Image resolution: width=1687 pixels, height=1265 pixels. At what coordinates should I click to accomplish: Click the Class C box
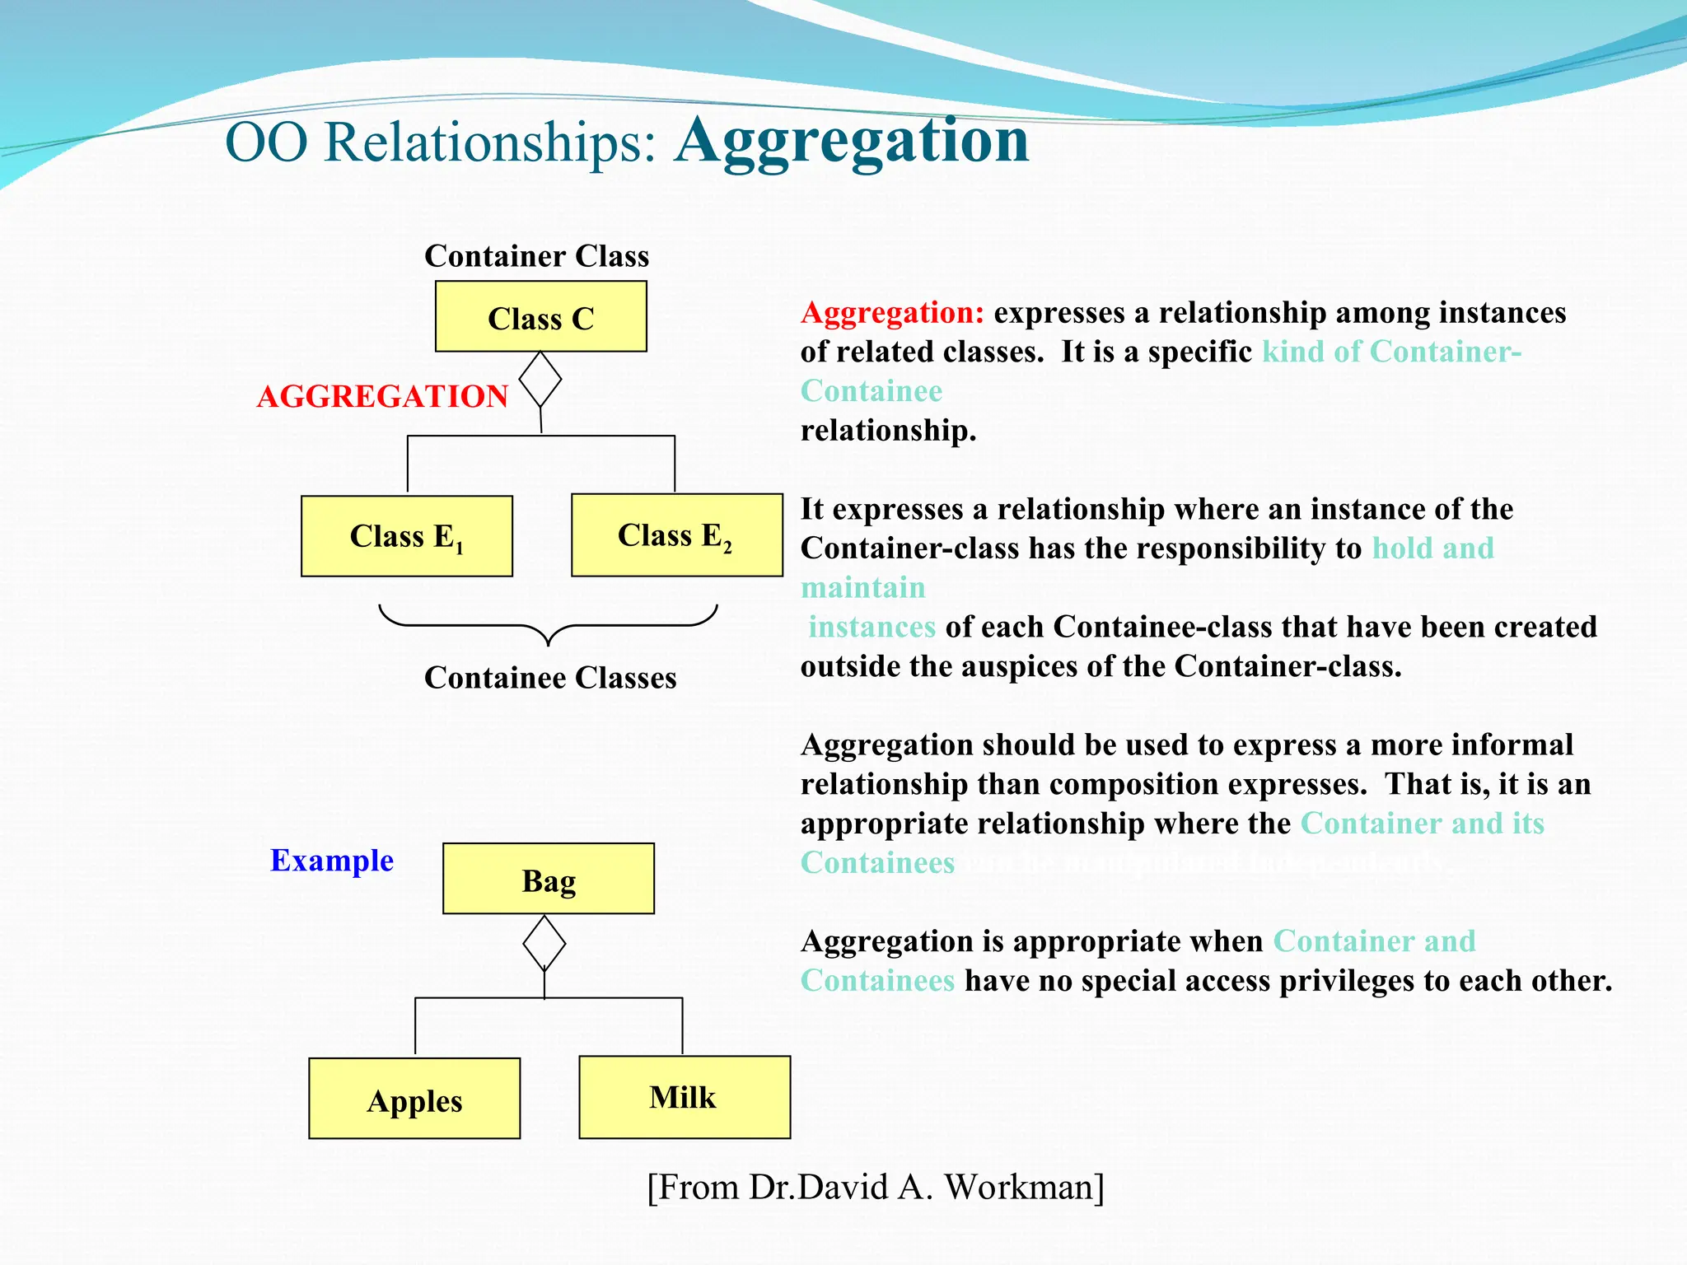click(x=540, y=317)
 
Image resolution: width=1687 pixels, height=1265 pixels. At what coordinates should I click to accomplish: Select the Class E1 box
click(x=407, y=536)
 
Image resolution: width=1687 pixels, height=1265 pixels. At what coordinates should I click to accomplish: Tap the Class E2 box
click(x=676, y=535)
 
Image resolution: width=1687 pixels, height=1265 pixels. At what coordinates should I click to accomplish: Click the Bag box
click(x=548, y=879)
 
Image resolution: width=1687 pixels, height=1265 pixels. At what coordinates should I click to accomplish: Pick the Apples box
click(x=414, y=1099)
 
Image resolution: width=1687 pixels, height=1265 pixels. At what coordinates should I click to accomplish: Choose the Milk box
click(x=684, y=1097)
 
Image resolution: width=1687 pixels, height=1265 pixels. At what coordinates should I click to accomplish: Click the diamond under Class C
click(x=540, y=380)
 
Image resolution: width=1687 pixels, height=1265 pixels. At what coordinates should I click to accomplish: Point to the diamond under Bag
click(x=544, y=944)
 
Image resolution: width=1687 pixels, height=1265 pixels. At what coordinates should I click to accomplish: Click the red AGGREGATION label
click(x=382, y=396)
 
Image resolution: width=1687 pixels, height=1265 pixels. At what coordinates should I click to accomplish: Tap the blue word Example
click(x=332, y=861)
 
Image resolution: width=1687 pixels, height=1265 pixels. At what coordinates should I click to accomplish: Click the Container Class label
click(x=536, y=256)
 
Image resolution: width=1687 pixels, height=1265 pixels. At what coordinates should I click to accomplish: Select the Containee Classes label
click(x=550, y=678)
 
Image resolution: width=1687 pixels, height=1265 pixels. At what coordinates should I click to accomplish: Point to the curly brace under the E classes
click(x=548, y=626)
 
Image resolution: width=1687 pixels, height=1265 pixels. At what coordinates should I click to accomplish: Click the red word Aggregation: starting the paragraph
click(x=892, y=313)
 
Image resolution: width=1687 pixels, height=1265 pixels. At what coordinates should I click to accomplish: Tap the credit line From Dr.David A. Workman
click(x=875, y=1188)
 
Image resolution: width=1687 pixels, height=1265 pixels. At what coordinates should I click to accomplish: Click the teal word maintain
click(x=862, y=588)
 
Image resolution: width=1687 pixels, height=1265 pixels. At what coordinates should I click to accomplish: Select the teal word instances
click(x=872, y=628)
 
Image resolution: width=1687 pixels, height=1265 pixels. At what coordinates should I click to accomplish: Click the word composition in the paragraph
click(x=1133, y=785)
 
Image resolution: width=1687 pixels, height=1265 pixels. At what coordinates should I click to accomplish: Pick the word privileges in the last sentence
click(x=1348, y=982)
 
